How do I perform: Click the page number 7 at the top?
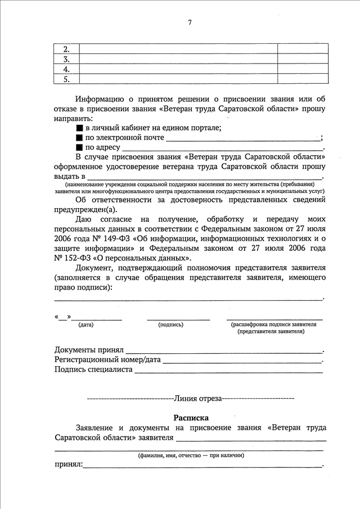pyautogui.click(x=190, y=22)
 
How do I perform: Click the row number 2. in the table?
pyautogui.click(x=66, y=49)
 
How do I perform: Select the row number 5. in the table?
pyautogui.click(x=66, y=79)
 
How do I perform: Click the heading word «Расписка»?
pyautogui.click(x=191, y=417)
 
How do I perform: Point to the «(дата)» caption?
pyautogui.click(x=86, y=325)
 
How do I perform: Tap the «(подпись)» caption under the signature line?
pyautogui.click(x=171, y=325)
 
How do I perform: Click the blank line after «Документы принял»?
pyautogui.click(x=224, y=351)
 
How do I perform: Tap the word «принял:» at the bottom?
pyautogui.click(x=68, y=465)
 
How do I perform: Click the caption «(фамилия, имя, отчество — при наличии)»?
pyautogui.click(x=191, y=455)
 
